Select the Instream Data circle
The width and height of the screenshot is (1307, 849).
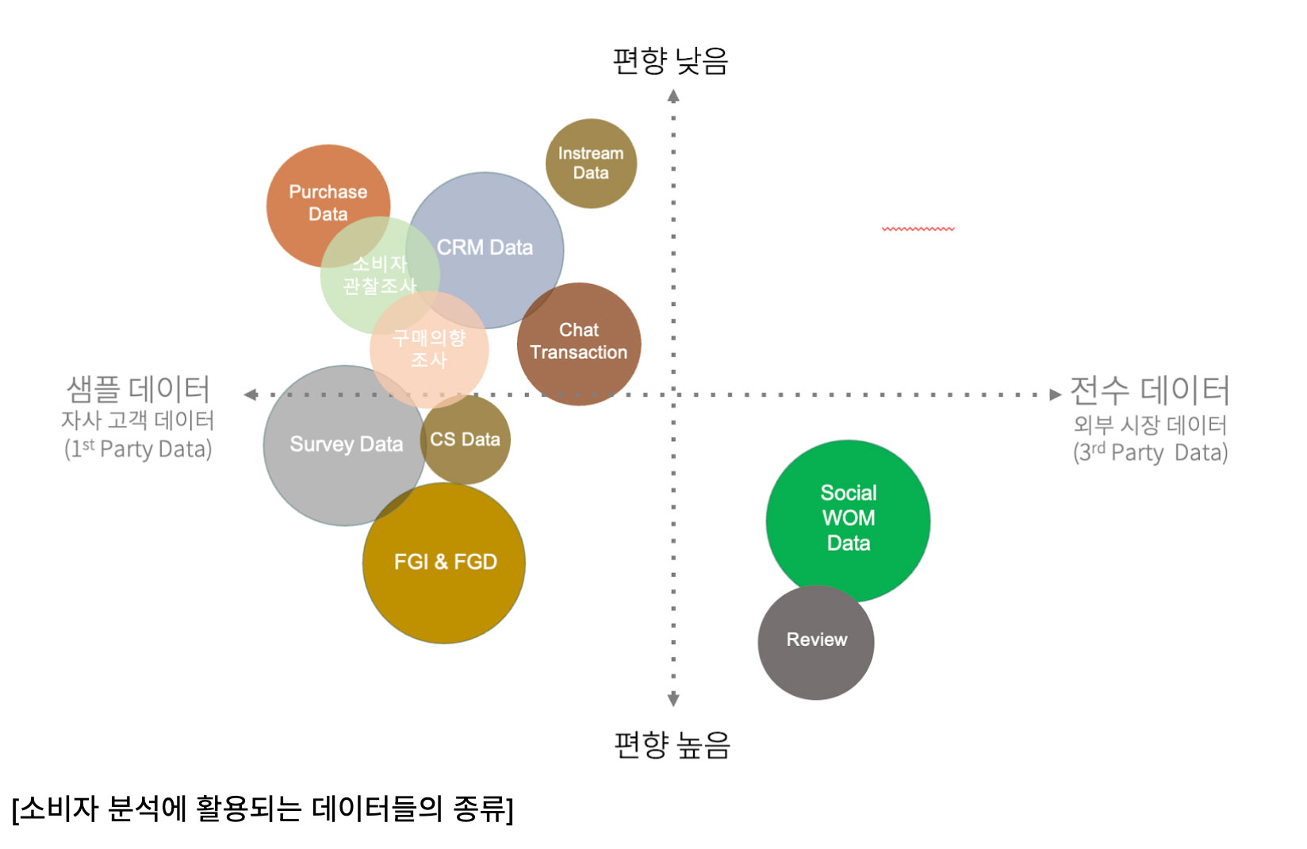(x=591, y=163)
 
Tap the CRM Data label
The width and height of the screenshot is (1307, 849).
(x=485, y=248)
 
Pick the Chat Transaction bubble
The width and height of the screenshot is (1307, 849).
(x=579, y=342)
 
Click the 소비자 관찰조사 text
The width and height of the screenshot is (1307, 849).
(x=379, y=275)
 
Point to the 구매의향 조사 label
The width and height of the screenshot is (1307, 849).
(x=429, y=349)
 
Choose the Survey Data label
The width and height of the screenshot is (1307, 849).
(x=346, y=444)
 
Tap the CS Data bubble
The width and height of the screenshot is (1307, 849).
(x=466, y=440)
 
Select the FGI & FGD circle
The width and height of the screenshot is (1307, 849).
(x=445, y=563)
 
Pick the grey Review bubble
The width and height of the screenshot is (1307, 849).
(x=816, y=640)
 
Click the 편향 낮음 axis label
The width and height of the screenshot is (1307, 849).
(x=671, y=61)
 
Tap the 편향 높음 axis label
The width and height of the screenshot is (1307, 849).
(x=673, y=745)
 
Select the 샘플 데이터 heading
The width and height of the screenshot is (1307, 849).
(x=138, y=390)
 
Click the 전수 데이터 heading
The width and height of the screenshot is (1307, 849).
(x=1149, y=390)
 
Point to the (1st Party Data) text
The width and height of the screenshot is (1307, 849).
(x=138, y=450)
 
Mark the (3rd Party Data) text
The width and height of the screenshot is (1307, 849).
(x=1150, y=453)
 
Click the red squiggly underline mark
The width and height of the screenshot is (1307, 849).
(x=918, y=229)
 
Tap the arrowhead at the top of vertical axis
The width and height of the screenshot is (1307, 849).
(x=673, y=96)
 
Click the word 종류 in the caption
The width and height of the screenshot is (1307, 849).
(x=479, y=809)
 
